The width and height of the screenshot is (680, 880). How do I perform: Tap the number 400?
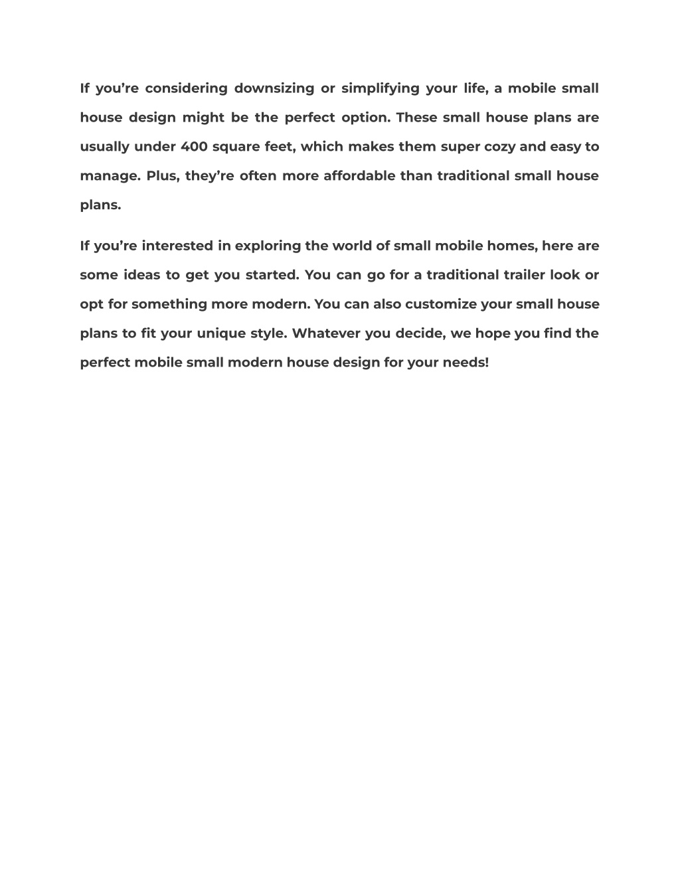point(194,147)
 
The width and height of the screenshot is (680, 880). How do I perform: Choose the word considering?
point(186,88)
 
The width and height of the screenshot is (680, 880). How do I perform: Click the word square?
point(235,147)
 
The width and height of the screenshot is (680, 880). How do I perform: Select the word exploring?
point(268,246)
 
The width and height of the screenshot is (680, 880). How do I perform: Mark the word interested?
point(177,246)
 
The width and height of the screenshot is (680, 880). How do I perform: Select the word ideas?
point(142,275)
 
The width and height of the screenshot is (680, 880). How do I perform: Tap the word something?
point(169,304)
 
